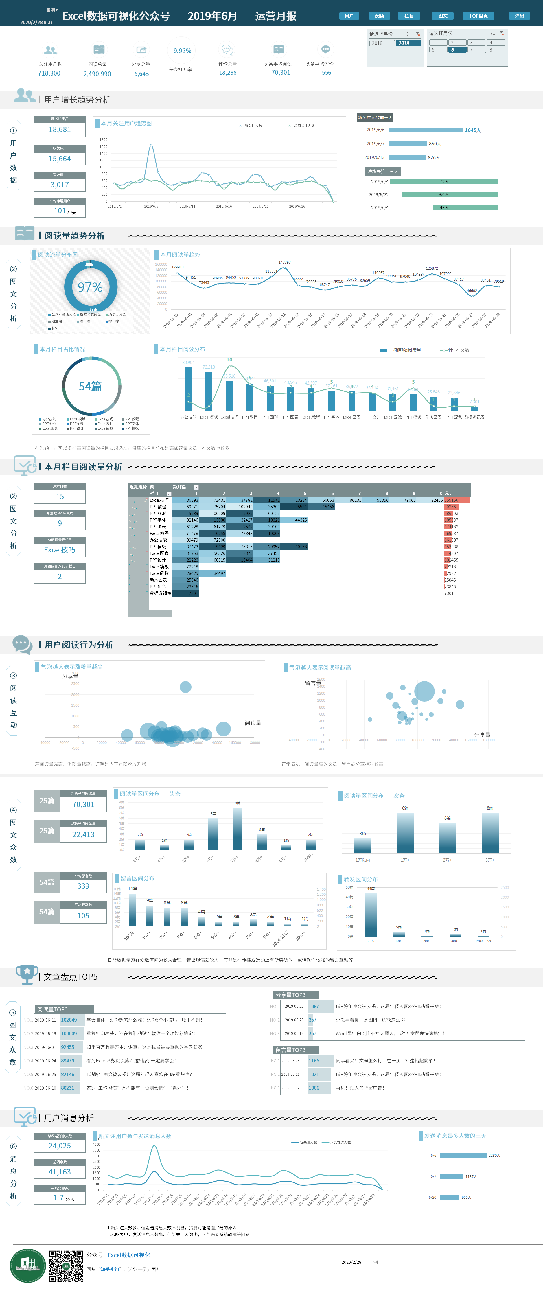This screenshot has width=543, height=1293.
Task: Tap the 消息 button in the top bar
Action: click(519, 16)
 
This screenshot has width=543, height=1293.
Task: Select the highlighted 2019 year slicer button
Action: click(408, 43)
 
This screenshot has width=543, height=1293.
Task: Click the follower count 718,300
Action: click(49, 73)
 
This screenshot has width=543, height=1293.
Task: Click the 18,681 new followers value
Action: click(60, 130)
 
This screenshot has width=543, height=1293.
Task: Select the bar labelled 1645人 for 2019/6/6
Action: click(425, 130)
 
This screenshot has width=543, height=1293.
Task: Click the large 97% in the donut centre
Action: click(90, 287)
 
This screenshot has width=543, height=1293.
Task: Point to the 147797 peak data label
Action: click(285, 262)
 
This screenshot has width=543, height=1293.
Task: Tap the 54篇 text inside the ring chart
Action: click(90, 386)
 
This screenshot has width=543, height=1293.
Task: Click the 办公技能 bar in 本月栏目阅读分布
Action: click(188, 389)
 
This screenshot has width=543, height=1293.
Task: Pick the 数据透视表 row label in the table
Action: click(160, 593)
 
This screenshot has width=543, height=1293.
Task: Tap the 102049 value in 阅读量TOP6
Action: click(69, 1020)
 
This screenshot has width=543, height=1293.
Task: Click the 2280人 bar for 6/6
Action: click(463, 1156)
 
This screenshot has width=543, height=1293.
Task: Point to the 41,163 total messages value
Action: click(60, 1172)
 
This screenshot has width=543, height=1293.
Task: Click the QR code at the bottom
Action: click(66, 1266)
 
